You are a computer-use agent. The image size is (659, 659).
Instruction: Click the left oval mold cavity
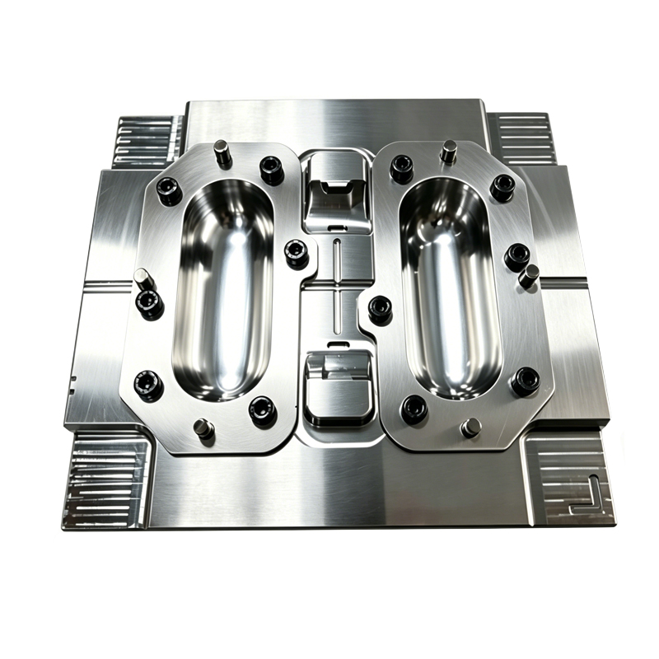pyautogui.click(x=223, y=288)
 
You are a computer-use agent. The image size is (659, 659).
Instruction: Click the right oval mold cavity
pyautogui.click(x=450, y=288)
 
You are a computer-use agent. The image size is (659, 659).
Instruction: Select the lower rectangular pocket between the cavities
pyautogui.click(x=338, y=387)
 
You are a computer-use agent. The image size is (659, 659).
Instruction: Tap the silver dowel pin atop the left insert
pyautogui.click(x=222, y=152)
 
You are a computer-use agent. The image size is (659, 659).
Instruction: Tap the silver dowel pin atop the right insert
pyautogui.click(x=449, y=152)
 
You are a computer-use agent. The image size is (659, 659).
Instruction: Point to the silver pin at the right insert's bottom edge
pyautogui.click(x=471, y=428)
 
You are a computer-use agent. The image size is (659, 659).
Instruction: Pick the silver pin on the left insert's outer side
pyautogui.click(x=143, y=278)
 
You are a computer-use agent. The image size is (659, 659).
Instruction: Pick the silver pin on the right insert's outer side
pyautogui.click(x=528, y=275)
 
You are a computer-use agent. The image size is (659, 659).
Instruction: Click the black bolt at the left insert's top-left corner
pyautogui.click(x=170, y=190)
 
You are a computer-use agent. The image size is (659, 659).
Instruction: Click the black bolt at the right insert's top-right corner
pyautogui.click(x=502, y=187)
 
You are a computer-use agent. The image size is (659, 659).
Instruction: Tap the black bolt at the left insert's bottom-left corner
pyautogui.click(x=149, y=386)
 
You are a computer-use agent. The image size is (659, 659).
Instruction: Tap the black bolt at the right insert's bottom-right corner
pyautogui.click(x=525, y=381)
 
